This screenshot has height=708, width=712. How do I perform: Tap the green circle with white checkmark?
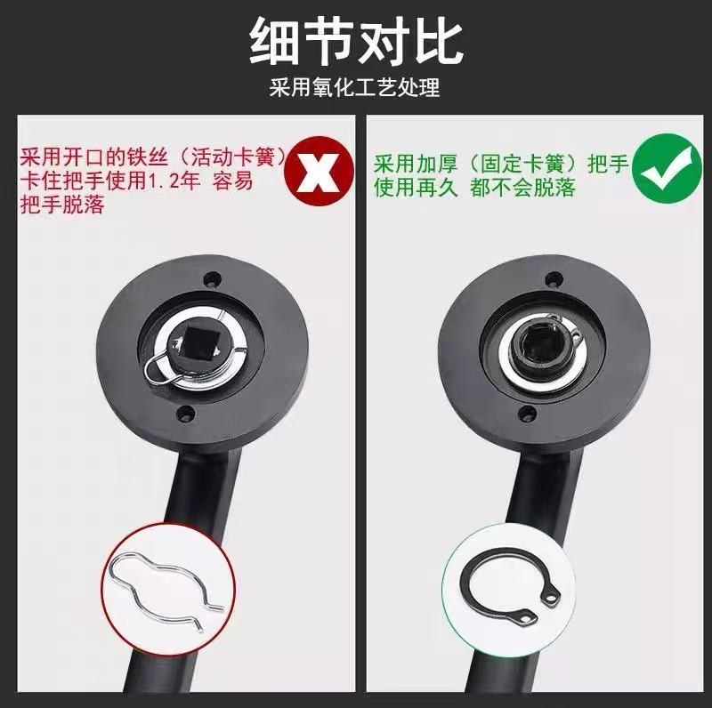[x=667, y=169]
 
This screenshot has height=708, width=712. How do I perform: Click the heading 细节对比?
[x=356, y=42]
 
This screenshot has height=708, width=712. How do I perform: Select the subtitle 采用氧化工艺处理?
[x=354, y=87]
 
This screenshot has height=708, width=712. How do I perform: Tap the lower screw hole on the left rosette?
[x=186, y=413]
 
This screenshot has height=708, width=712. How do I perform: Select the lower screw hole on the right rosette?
[x=527, y=413]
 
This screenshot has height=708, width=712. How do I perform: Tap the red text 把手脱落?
[x=62, y=205]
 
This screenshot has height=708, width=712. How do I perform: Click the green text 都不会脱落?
[x=522, y=188]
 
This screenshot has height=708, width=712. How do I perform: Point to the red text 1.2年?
[x=174, y=181]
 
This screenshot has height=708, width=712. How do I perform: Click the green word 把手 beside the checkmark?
[x=608, y=164]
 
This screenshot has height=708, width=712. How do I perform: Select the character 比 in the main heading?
[x=438, y=42]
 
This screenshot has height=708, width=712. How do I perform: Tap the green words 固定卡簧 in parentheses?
[x=522, y=164]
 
